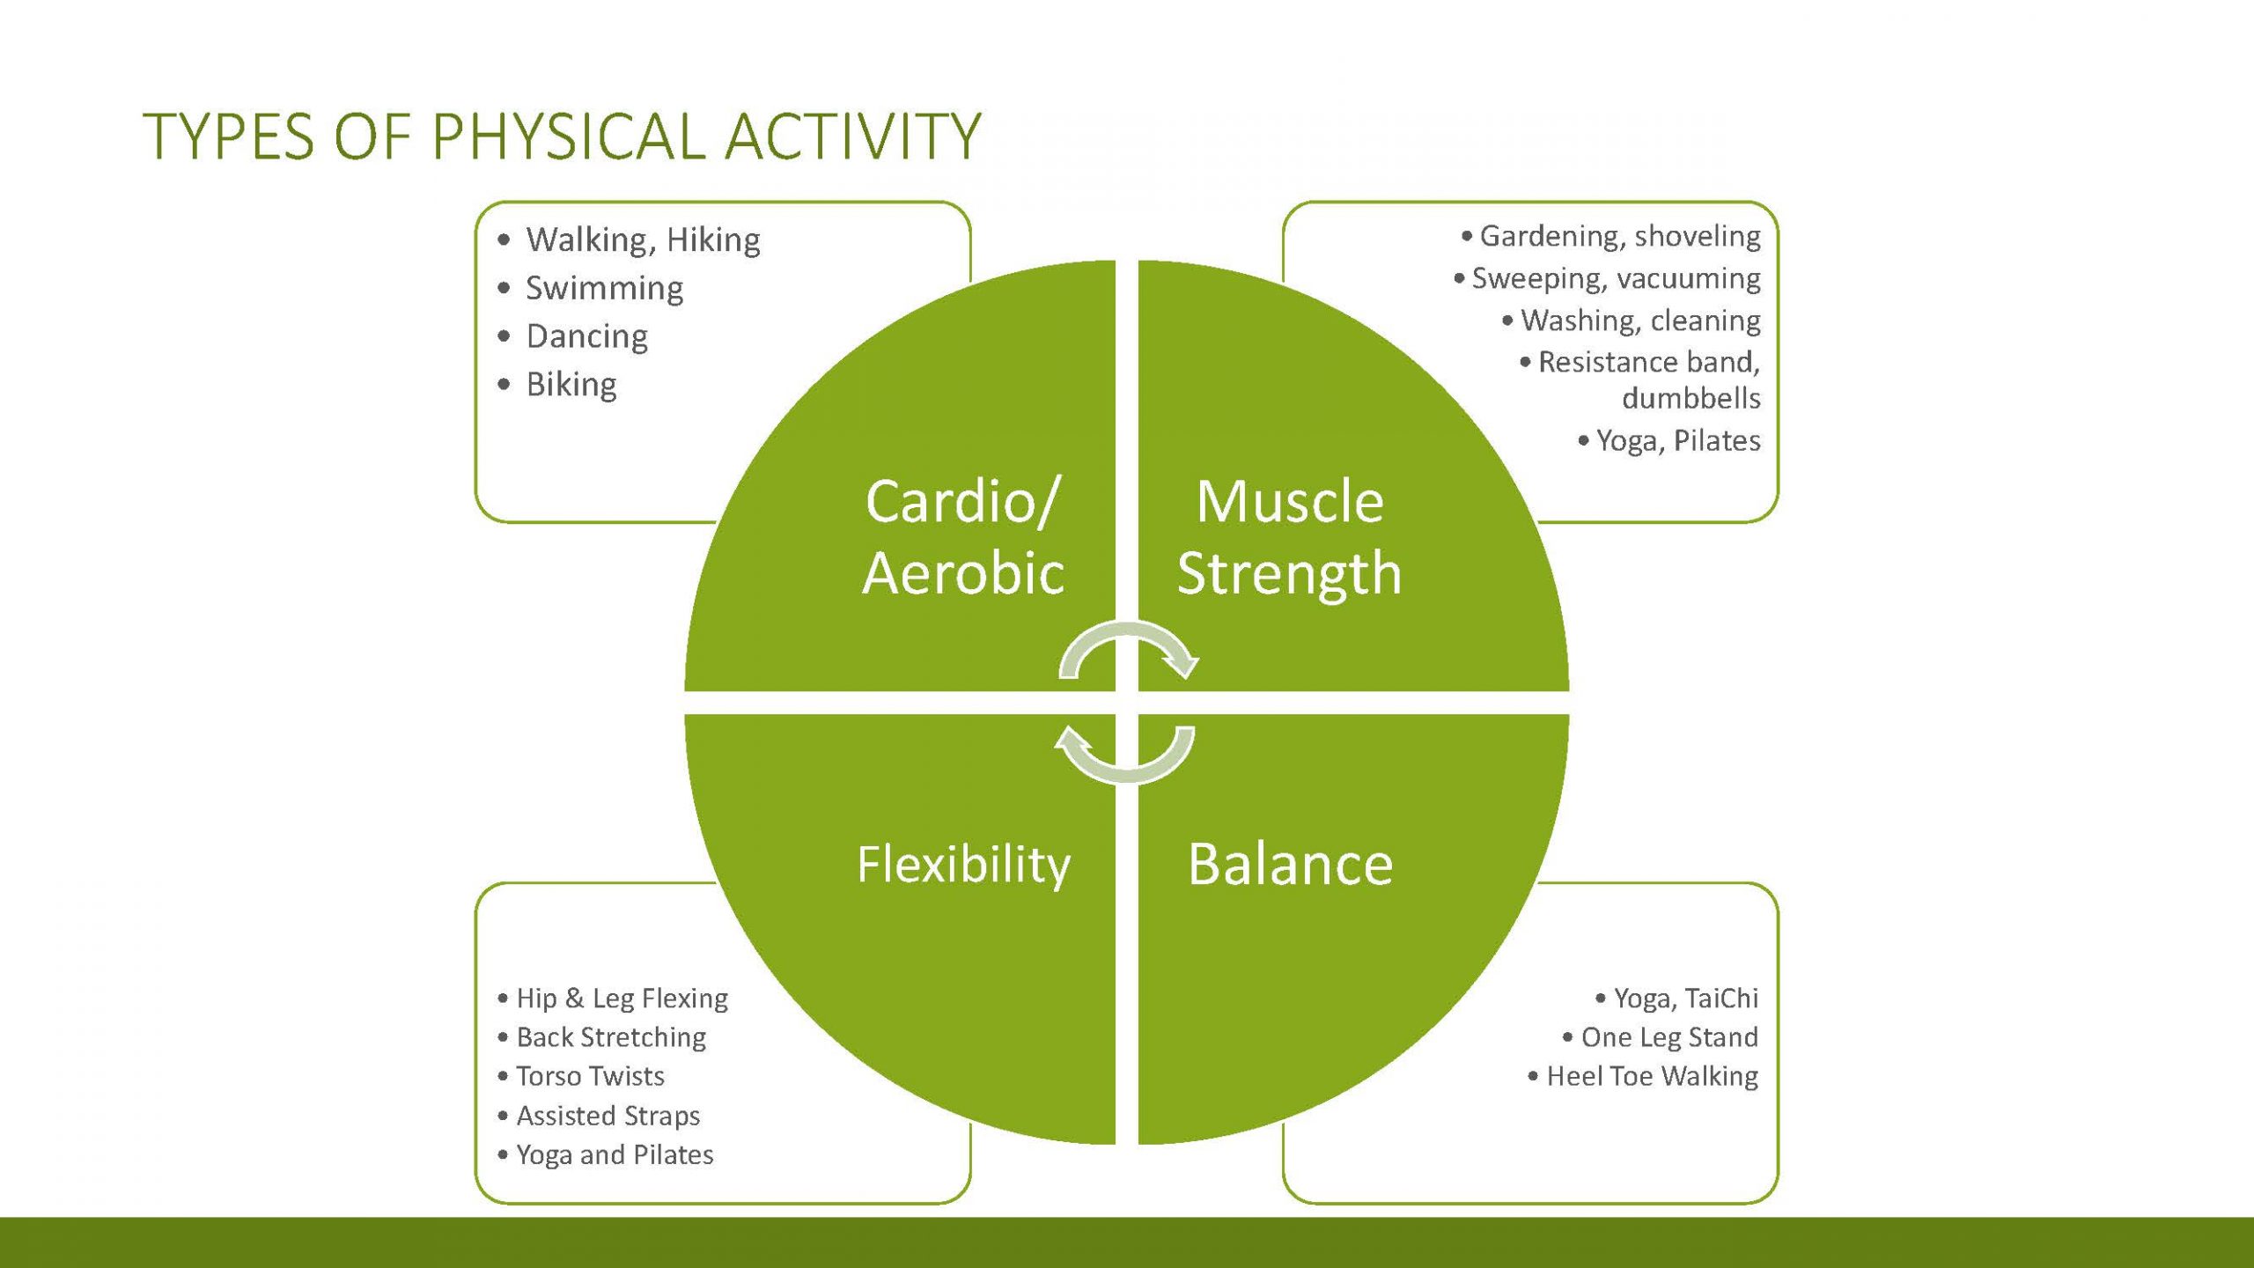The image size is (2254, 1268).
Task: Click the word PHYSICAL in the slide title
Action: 569,136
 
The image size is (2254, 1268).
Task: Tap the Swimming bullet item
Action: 604,289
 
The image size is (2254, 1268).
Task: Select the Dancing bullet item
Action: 586,337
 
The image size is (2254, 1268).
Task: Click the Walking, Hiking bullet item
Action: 643,240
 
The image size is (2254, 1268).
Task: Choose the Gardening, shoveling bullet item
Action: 1620,236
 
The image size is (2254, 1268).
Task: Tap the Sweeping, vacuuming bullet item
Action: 1617,278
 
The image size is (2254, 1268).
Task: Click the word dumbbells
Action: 1691,398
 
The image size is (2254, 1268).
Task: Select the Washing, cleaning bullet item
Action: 1640,321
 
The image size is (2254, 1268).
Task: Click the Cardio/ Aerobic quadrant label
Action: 963,537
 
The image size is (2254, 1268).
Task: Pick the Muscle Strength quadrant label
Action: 1289,537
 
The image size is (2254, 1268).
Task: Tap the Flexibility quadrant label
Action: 963,865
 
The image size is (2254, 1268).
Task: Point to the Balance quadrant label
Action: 1290,864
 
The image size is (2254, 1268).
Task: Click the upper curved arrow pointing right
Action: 1128,627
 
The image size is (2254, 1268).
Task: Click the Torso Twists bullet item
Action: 590,1076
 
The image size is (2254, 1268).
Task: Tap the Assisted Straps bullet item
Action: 608,1116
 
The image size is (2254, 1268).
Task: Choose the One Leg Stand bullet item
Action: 1669,1037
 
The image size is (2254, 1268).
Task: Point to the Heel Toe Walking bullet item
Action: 1653,1076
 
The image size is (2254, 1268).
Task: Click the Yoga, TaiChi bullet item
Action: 1686,999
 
